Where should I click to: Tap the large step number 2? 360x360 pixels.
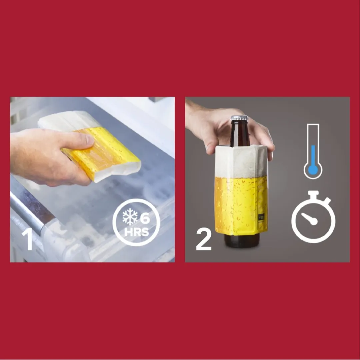[204, 239]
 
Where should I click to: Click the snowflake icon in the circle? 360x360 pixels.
[130, 217]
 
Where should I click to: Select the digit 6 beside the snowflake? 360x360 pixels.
[145, 218]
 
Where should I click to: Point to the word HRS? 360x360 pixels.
[136, 232]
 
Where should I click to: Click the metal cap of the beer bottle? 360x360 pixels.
[239, 118]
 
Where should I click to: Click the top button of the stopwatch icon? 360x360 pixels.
[313, 194]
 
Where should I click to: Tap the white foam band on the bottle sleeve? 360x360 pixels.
[241, 162]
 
